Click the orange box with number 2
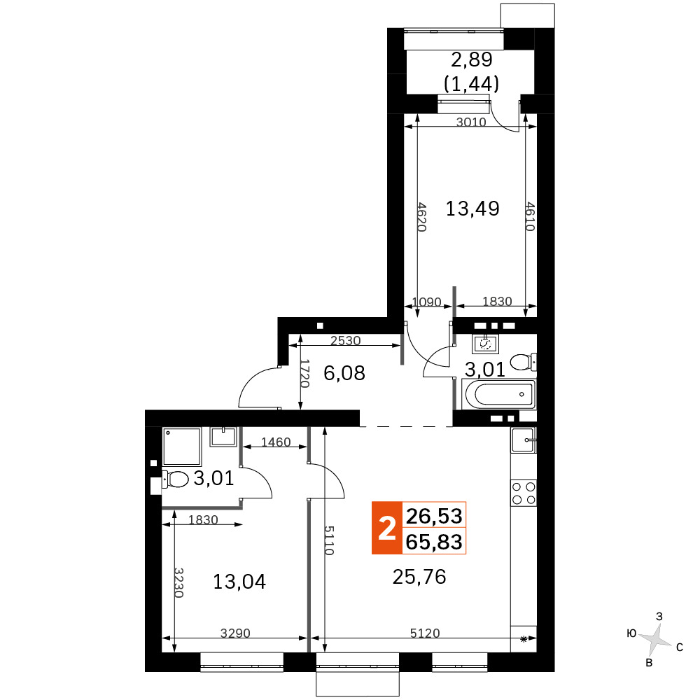pyautogui.click(x=387, y=528)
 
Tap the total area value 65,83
pyautogui.click(x=434, y=542)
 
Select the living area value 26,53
pyautogui.click(x=434, y=516)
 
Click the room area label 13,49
pyautogui.click(x=472, y=209)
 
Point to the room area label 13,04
pyautogui.click(x=239, y=582)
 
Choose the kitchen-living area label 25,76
pyautogui.click(x=419, y=577)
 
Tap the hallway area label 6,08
pyautogui.click(x=344, y=373)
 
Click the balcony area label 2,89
pyautogui.click(x=471, y=59)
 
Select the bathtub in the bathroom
pyautogui.click(x=500, y=394)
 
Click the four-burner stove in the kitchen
pyautogui.click(x=524, y=493)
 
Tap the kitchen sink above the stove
pyautogui.click(x=524, y=440)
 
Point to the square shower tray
pyautogui.click(x=182, y=447)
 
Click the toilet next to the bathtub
pyautogui.click(x=523, y=362)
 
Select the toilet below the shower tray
pyautogui.click(x=175, y=479)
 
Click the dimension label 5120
pyautogui.click(x=425, y=633)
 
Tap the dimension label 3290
pyautogui.click(x=235, y=633)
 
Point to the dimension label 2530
pyautogui.click(x=346, y=341)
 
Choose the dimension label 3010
pyautogui.click(x=471, y=122)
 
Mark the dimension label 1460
pyautogui.click(x=276, y=442)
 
